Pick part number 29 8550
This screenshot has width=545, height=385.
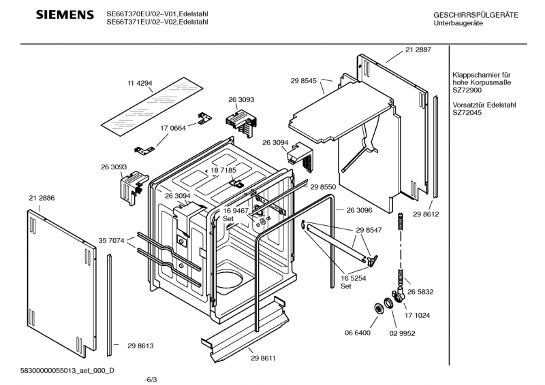(x=323, y=186)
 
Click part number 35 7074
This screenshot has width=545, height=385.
(x=111, y=241)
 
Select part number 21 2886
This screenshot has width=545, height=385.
(x=42, y=198)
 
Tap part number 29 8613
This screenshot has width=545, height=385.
(x=140, y=346)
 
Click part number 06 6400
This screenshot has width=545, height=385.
(x=358, y=333)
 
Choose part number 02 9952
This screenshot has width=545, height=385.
(x=403, y=333)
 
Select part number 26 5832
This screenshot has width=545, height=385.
(x=420, y=292)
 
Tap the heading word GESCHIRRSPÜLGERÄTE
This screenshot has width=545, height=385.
(x=475, y=15)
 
